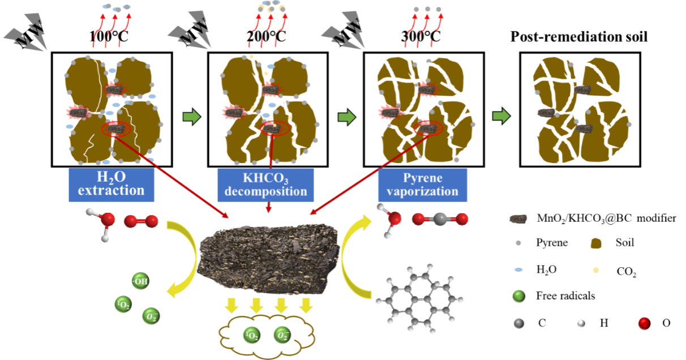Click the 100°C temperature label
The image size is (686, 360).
coord(109,37)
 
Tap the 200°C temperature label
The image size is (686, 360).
coord(266,37)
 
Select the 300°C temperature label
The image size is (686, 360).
coord(421,37)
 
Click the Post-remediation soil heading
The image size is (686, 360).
coord(579,37)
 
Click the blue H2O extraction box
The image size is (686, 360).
coord(112,185)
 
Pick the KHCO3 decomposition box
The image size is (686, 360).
coord(265,185)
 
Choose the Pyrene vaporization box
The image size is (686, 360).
coord(423,185)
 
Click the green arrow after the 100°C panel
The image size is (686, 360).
coord(192,117)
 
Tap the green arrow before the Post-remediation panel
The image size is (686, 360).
coord(501,116)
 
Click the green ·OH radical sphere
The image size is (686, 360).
coord(140,281)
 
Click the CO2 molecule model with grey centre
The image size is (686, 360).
coord(440,219)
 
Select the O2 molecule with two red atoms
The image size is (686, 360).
coord(141,221)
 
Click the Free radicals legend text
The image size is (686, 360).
coord(565,295)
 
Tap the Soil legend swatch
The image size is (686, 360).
coord(595,243)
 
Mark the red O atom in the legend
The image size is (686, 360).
coord(644,323)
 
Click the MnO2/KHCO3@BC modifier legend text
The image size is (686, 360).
coord(606,218)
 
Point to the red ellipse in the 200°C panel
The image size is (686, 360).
coord(275,128)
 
